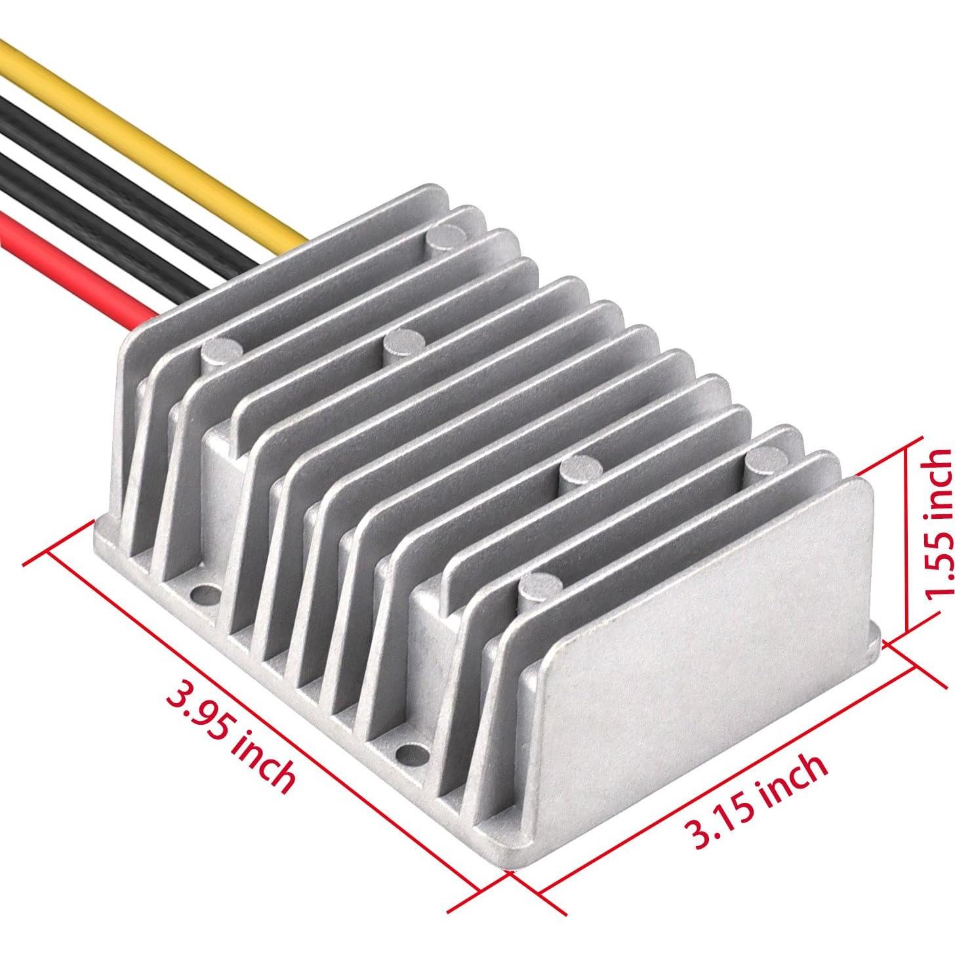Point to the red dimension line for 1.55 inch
[906, 538]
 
